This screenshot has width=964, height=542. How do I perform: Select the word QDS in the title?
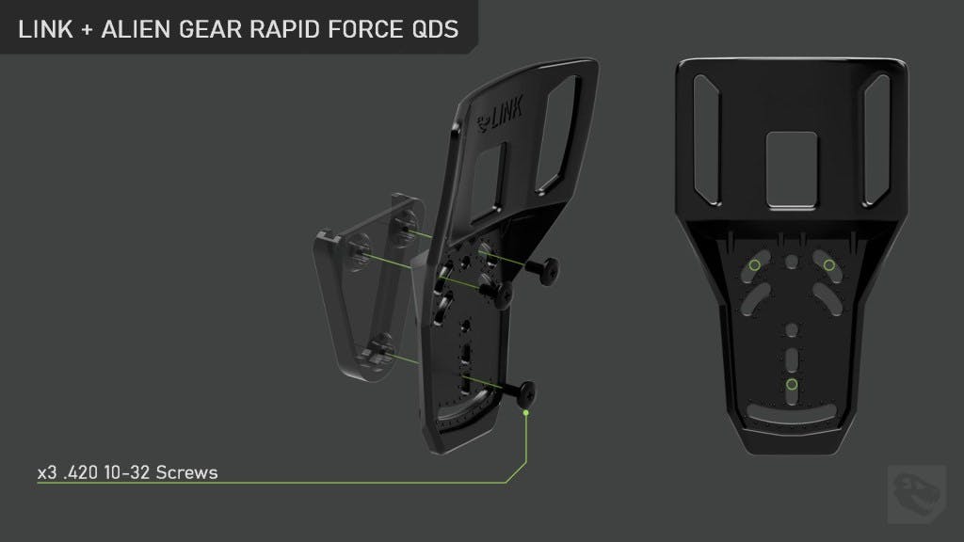tap(435, 29)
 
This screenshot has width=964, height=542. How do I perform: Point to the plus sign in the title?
tap(87, 29)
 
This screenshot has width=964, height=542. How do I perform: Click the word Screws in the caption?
tap(187, 472)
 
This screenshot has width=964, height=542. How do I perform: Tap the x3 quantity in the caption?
tap(47, 472)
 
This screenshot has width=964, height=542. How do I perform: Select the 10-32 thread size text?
tap(127, 472)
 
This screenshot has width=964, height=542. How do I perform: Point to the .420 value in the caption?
tap(81, 472)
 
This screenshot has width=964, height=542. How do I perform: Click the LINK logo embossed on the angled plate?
tap(501, 114)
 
